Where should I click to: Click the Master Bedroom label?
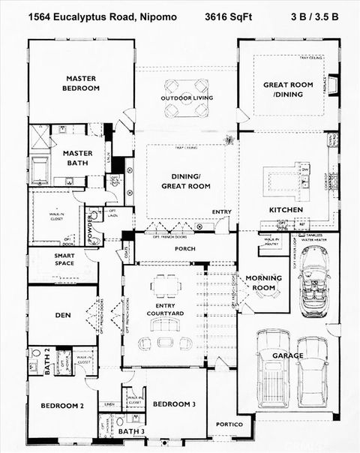82,82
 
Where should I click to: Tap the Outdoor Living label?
187,98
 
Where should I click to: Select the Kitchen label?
286,209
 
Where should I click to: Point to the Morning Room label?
264,283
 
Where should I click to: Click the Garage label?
288,355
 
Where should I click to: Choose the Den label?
62,315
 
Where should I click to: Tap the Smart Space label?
64,260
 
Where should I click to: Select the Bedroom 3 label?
174,404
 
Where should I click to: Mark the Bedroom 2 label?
61,406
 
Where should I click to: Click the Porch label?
184,248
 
